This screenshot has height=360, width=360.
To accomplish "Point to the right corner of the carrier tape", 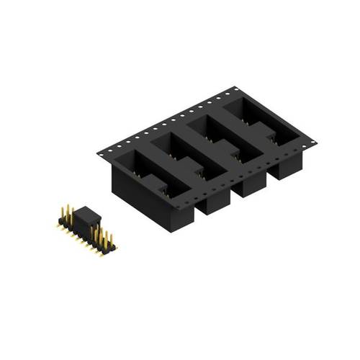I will pos(318,143).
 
